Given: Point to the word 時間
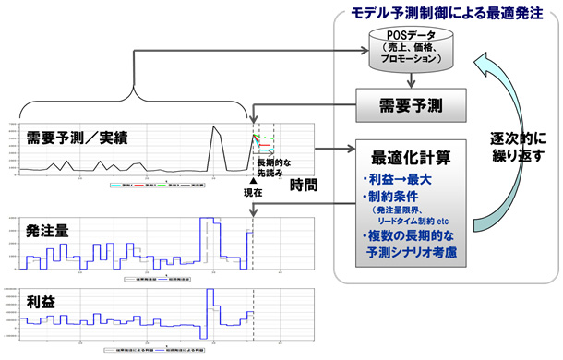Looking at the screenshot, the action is tap(305, 186).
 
